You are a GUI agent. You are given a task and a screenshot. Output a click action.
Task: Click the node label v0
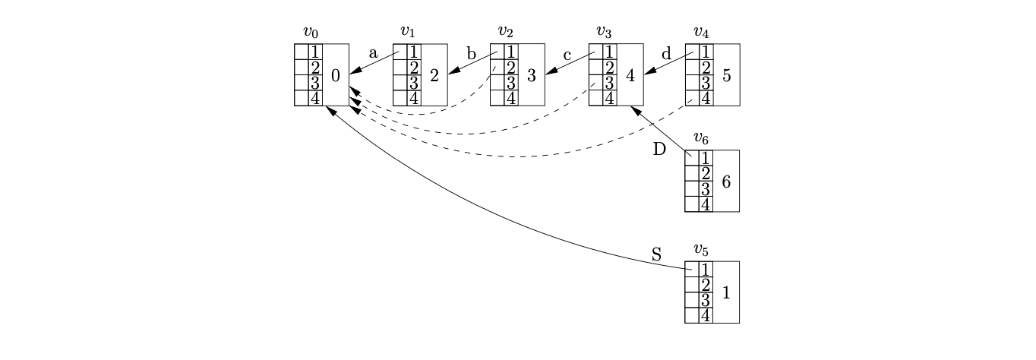[310, 32]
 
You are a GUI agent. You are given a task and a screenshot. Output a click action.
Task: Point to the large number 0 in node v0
[336, 75]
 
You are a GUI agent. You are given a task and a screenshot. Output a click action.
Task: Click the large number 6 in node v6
[726, 182]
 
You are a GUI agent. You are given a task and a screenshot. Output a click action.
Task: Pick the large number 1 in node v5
[726, 292]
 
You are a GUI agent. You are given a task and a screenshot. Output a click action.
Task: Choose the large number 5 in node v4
[727, 75]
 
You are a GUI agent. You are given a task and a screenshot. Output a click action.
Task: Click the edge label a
[373, 53]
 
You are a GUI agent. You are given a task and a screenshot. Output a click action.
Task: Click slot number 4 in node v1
[414, 98]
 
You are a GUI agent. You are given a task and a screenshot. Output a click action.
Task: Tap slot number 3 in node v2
[512, 83]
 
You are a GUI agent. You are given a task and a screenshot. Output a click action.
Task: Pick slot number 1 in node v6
[706, 158]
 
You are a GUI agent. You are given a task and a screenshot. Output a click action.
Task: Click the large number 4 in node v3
[630, 75]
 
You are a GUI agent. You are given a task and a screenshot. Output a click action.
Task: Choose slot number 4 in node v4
[706, 98]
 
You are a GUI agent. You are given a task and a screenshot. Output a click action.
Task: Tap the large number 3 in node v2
[532, 75]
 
